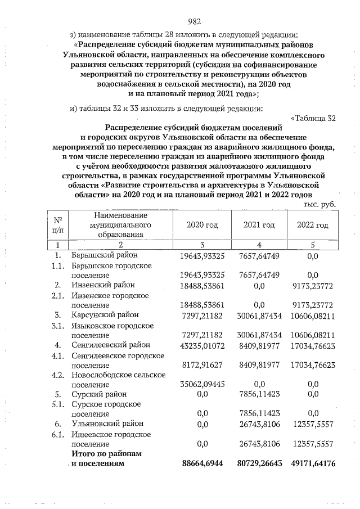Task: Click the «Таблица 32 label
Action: [313, 118]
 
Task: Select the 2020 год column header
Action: [202, 225]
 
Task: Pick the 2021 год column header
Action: [259, 225]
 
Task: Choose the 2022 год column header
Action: [313, 225]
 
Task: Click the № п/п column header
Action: [57, 225]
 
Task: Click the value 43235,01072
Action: [202, 344]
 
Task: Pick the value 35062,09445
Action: [202, 384]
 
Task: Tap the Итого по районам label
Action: [105, 453]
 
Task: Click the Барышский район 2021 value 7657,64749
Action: [259, 256]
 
